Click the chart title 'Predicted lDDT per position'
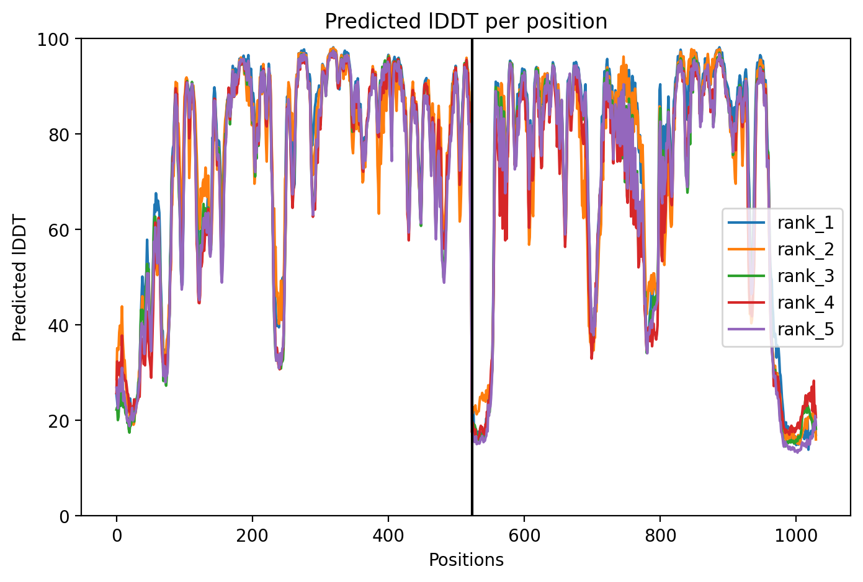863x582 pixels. pyautogui.click(x=466, y=22)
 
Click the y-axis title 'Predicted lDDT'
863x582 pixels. pyautogui.click(x=19, y=278)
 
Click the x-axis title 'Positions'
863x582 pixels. pyautogui.click(x=466, y=560)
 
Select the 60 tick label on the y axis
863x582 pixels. pyautogui.click(x=58, y=231)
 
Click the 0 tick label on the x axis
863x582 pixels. pyautogui.click(x=117, y=536)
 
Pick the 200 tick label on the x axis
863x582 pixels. pyautogui.click(x=253, y=536)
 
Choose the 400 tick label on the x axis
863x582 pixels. pyautogui.click(x=388, y=536)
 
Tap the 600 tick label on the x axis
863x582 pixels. pyautogui.click(x=524, y=536)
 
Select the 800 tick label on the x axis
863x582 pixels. pyautogui.click(x=660, y=536)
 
